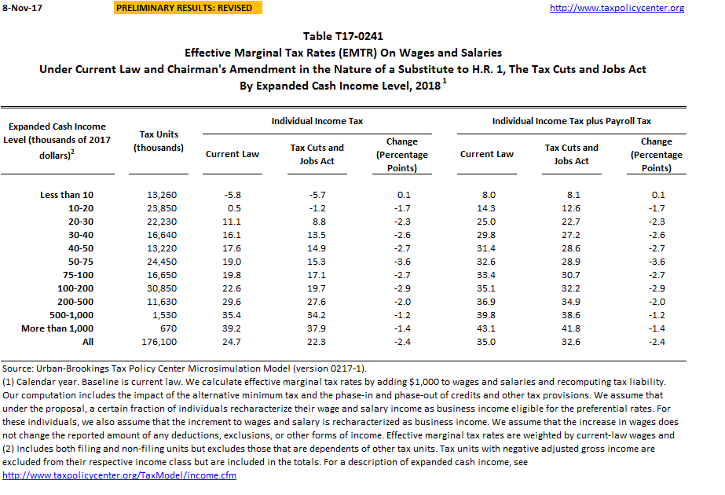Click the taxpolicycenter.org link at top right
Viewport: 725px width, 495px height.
[x=617, y=8]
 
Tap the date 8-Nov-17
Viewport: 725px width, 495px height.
[x=20, y=8]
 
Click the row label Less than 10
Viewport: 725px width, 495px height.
[x=67, y=194]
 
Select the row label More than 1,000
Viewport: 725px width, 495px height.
[x=57, y=328]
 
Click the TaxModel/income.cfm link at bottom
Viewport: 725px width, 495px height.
[x=119, y=475]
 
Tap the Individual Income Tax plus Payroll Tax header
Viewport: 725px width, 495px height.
[x=571, y=122]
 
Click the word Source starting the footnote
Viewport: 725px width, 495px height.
[x=17, y=368]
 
